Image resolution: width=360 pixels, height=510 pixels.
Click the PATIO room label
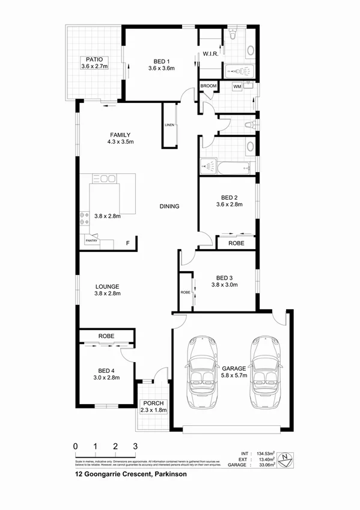pos(94,60)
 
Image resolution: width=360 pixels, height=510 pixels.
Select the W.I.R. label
pos(210,54)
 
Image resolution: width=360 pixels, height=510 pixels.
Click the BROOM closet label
pos(209,87)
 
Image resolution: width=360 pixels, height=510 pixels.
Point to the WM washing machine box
pos(238,87)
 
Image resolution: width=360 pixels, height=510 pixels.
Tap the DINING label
pos(169,206)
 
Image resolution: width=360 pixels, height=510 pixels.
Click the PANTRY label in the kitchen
pos(91,241)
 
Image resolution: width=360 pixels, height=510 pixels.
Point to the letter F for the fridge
pos(127,243)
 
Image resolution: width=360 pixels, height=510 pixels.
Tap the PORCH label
pos(152,402)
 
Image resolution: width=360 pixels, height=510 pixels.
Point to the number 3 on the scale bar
pos(135,446)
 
